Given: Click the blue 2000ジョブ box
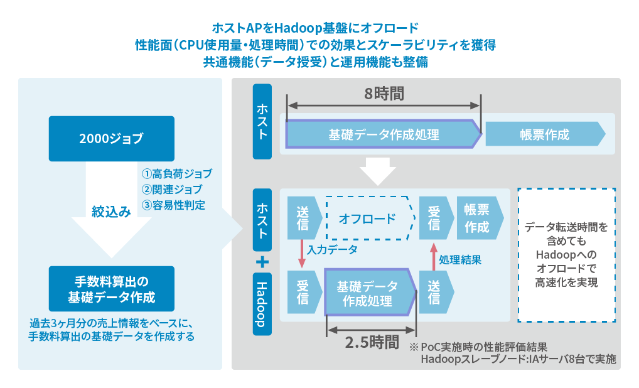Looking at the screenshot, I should point(111,139).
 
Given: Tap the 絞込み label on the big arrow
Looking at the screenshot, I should point(111,212).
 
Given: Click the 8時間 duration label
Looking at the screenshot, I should point(384,94).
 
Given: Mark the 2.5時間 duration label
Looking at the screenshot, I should point(372,342).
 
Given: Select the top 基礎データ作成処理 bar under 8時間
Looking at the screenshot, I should point(384,134).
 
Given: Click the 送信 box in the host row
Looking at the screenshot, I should point(303,218).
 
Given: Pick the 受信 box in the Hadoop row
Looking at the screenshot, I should point(303,292).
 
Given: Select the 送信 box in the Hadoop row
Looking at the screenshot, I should point(434,292).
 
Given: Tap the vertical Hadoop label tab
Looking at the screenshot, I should point(262,304).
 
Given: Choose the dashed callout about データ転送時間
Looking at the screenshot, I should point(566,254).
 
